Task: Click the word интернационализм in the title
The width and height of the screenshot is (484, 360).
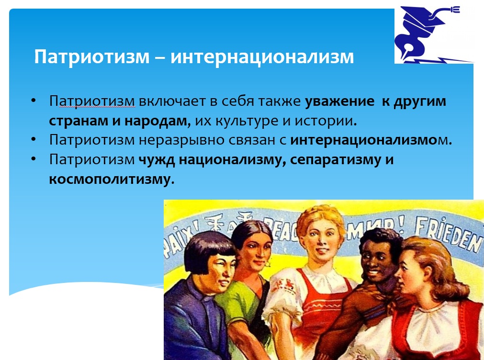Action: tap(262, 57)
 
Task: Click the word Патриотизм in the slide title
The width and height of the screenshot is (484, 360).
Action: tap(91, 57)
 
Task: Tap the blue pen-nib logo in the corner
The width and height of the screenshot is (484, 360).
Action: tap(432, 34)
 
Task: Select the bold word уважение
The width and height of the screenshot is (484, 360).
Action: tap(339, 101)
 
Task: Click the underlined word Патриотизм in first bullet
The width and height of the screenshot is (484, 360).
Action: tap(92, 101)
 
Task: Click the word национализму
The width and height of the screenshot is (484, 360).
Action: tap(233, 160)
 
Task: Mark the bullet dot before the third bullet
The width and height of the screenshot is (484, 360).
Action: tap(34, 159)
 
